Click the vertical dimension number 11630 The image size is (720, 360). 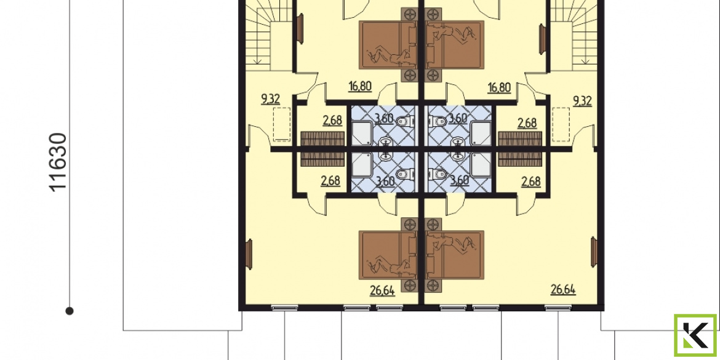point(59,162)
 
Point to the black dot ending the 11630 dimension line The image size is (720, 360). point(70,311)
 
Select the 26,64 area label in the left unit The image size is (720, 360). point(382,290)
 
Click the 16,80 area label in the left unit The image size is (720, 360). point(359,86)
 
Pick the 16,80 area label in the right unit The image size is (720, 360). point(499,87)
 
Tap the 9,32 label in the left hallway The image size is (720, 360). point(271,99)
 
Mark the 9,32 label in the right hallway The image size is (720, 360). point(582,100)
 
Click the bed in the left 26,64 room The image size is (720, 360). point(388,255)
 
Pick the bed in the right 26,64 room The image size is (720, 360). point(455,255)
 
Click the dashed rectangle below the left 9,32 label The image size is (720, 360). point(282,124)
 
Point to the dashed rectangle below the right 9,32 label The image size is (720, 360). point(562,124)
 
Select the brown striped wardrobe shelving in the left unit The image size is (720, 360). point(322,149)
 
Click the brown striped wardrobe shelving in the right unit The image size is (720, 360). point(520,149)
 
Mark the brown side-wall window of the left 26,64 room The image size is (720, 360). point(250,252)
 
